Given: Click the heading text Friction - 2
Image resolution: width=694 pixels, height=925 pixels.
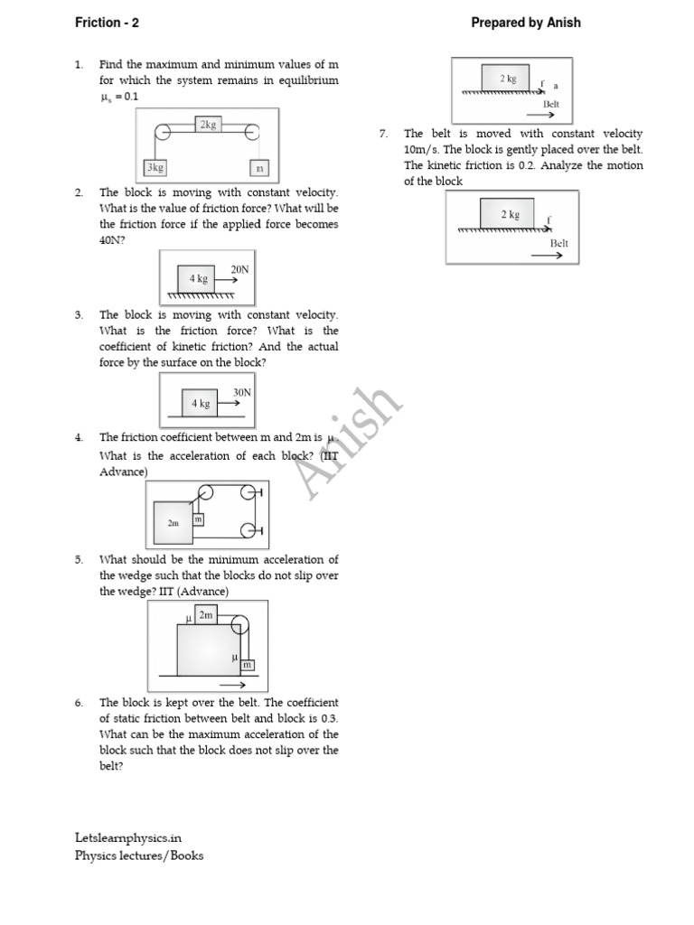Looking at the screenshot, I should (x=109, y=23).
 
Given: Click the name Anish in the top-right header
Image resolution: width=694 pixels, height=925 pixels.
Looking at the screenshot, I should (x=564, y=23).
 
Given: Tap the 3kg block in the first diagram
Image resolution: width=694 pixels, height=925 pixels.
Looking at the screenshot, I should (x=155, y=168).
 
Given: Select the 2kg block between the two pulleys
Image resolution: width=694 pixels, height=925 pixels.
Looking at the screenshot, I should (x=209, y=125).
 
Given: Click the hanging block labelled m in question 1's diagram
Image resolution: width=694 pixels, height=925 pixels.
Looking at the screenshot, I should (x=259, y=168).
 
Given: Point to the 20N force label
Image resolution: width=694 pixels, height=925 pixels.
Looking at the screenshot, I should (x=239, y=269).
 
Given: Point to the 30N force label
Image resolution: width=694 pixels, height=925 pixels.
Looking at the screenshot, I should (x=241, y=391).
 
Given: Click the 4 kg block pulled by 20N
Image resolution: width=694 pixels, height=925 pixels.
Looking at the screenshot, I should (x=199, y=280).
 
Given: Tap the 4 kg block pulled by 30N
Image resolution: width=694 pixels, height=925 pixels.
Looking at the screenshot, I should (x=200, y=403).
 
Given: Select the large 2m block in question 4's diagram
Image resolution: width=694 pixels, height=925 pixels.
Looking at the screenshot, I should (x=173, y=522).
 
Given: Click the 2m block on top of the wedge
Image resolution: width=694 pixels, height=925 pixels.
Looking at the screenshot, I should (x=206, y=615).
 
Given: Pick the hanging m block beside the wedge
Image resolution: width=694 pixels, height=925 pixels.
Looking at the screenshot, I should (x=246, y=665).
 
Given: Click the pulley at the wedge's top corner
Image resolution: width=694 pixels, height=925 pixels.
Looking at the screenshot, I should (x=239, y=624).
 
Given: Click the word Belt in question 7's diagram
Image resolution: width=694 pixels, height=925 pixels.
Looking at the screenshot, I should (x=558, y=244).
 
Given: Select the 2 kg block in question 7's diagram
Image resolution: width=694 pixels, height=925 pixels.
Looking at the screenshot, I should (x=510, y=215).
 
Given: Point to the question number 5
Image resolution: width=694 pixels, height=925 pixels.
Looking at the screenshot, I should (x=79, y=560).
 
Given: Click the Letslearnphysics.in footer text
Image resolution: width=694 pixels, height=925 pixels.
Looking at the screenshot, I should (x=128, y=838).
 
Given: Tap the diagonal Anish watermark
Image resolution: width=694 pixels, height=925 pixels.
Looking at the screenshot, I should (x=348, y=443).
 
